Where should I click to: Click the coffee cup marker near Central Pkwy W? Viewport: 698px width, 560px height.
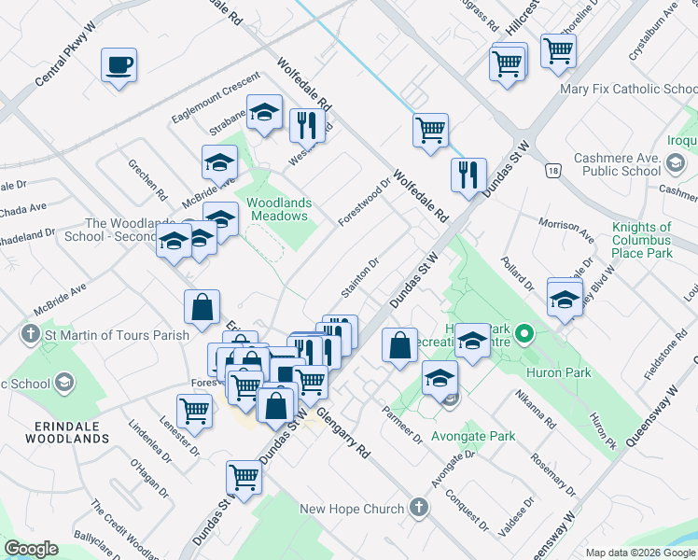119,65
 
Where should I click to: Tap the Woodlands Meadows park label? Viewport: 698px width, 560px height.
278,209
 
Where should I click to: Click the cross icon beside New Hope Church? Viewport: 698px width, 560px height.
419,508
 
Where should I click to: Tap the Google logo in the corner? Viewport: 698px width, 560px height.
31,549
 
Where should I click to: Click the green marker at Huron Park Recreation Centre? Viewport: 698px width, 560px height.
524,332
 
